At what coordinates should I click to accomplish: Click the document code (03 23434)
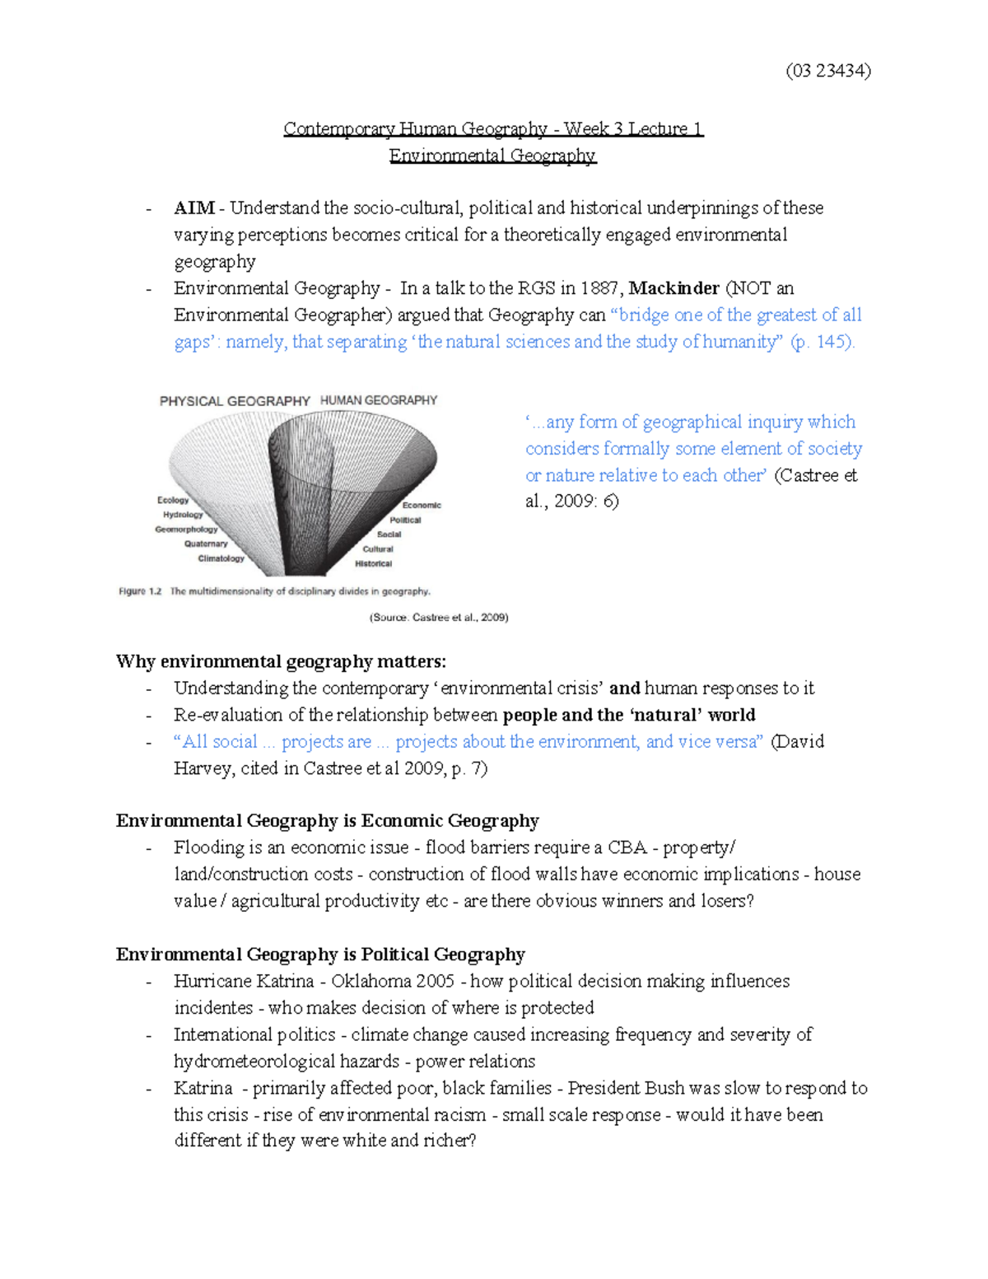click(x=827, y=71)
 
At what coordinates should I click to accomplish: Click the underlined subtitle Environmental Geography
click(x=492, y=156)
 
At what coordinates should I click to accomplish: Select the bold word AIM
click(x=194, y=208)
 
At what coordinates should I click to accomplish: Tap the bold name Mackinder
click(x=673, y=288)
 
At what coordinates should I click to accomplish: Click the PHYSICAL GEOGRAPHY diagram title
click(x=235, y=401)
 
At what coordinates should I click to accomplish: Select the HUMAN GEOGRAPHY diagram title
click(x=379, y=400)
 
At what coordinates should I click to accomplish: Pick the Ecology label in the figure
click(x=173, y=500)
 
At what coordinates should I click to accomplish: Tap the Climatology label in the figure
click(x=221, y=558)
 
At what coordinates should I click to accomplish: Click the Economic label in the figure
click(x=422, y=505)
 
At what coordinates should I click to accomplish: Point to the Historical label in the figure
click(x=373, y=563)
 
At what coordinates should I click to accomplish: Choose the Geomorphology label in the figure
click(x=186, y=530)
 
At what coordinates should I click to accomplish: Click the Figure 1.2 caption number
click(x=140, y=591)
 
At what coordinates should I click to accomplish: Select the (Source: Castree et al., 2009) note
click(x=438, y=617)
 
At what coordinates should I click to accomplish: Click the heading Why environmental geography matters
click(x=281, y=661)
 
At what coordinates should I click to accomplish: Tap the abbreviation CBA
click(x=627, y=847)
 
